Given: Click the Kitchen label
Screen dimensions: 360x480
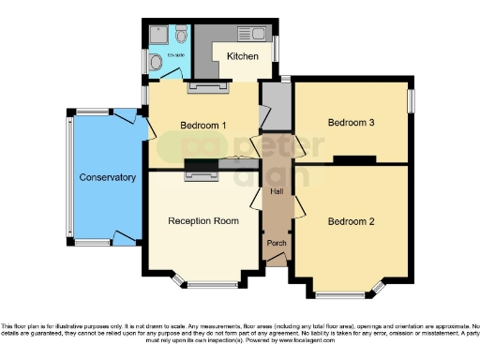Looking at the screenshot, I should pos(242,56).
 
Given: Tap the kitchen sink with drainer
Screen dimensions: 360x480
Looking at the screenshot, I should pos(254,34).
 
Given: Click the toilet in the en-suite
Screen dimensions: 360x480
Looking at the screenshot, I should pos(181,35).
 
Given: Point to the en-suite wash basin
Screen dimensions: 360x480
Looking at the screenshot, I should pos(154,62).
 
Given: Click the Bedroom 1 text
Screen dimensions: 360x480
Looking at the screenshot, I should pos(203,126).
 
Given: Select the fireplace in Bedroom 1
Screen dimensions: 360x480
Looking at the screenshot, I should pos(202,88).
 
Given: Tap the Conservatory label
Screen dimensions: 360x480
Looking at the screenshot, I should pos(107,177).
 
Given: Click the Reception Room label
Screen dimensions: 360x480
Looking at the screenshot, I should pos(202,221).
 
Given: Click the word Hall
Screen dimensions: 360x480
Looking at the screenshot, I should pos(277,191).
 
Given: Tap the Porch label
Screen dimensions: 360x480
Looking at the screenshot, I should pos(277,244).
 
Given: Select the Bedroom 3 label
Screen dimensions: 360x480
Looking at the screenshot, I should pos(351,123).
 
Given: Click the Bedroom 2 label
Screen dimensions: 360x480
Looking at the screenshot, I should pos(351,222).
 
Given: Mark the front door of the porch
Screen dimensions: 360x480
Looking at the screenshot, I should pos(277,262).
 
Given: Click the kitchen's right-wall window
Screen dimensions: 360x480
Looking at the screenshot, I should pos(276,46).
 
